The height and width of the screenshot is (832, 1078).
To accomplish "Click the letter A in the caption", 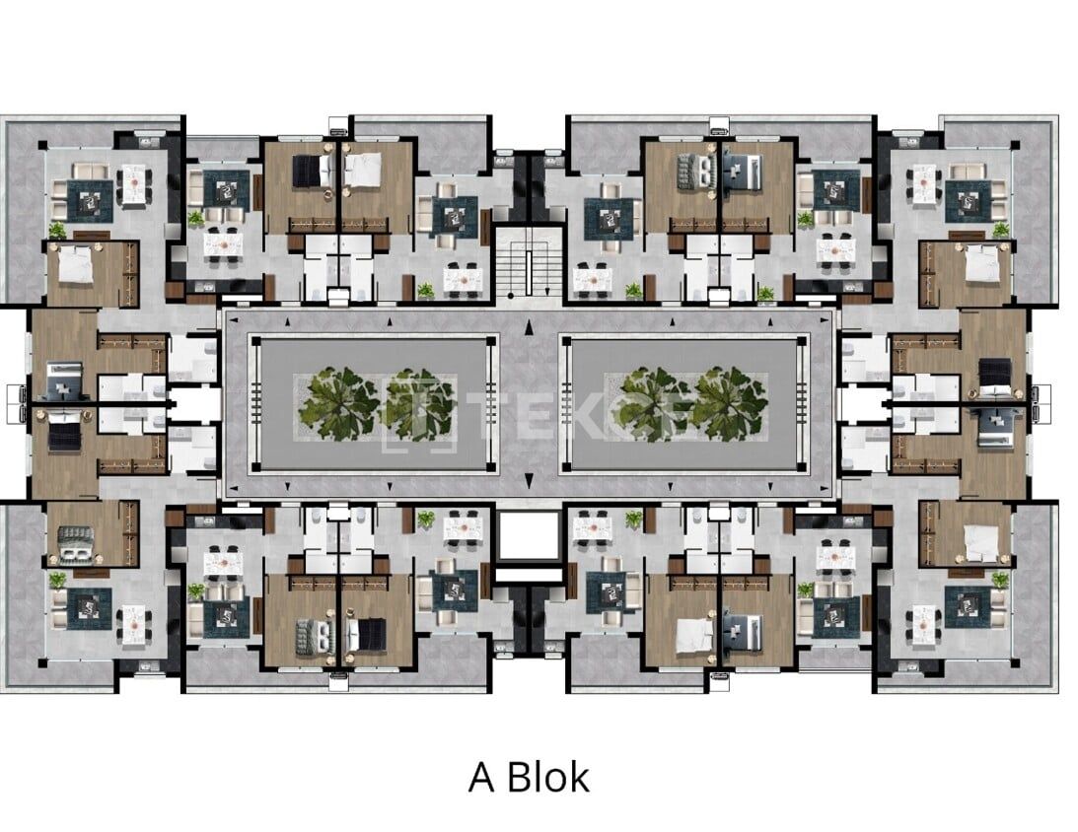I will [x=481, y=777].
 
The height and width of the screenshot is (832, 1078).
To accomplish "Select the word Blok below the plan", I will [x=547, y=777].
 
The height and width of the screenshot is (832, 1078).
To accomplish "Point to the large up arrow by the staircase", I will [x=529, y=327].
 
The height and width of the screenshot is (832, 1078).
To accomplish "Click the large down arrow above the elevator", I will [x=529, y=480].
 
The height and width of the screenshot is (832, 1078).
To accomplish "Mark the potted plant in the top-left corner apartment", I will [x=57, y=231].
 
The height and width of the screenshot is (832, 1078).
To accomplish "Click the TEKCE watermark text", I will [x=513, y=405].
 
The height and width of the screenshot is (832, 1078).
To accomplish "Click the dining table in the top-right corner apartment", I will [x=923, y=182].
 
